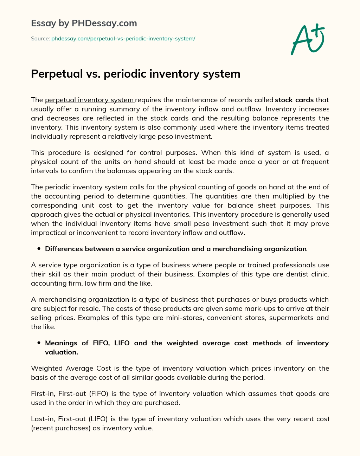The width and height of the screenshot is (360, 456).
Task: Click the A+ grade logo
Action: tap(308, 39)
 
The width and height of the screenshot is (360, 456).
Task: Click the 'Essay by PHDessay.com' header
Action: tap(84, 23)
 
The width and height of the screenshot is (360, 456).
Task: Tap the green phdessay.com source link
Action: tap(123, 39)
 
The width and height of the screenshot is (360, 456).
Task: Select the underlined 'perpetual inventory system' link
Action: tap(90, 100)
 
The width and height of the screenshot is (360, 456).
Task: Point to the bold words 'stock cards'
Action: tap(294, 100)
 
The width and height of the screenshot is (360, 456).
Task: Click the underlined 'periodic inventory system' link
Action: tap(86, 187)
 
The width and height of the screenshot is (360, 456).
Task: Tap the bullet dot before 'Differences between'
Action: tap(39, 249)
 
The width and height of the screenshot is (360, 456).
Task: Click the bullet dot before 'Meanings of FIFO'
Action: tap(39, 343)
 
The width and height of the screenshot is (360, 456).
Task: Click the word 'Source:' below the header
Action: tap(40, 39)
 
